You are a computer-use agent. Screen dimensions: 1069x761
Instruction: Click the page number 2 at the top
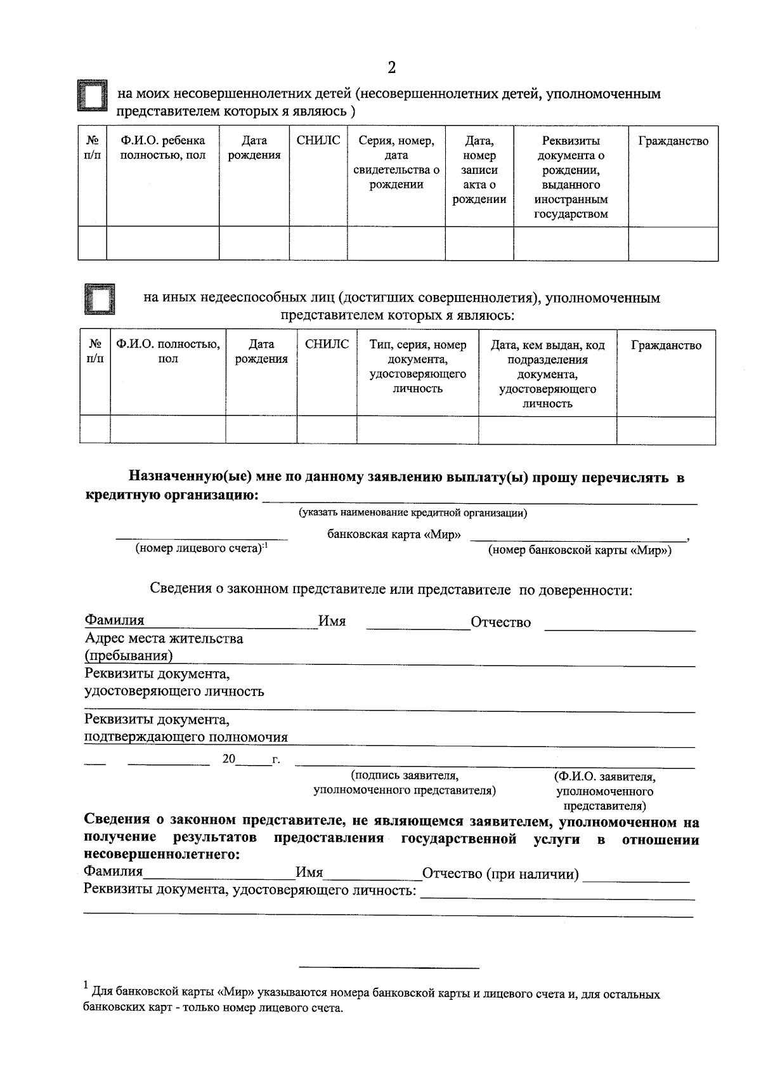coord(391,68)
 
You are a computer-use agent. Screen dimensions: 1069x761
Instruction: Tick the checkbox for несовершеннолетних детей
coord(93,97)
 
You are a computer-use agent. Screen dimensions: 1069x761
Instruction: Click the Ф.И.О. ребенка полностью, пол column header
coord(163,148)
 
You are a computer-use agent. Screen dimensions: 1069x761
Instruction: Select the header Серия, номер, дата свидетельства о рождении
coord(396,162)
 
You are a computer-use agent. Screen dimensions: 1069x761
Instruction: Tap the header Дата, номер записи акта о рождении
coord(479,169)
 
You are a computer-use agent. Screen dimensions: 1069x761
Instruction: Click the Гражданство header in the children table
coord(673,141)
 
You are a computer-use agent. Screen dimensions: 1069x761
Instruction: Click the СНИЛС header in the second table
coord(327,344)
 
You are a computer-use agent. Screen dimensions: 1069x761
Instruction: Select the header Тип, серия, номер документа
coord(417,367)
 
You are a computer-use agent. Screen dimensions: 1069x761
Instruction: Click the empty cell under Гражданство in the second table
coord(666,430)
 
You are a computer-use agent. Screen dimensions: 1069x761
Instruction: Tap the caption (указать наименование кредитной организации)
coord(413,513)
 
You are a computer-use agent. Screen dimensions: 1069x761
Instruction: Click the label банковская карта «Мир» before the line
coord(394,534)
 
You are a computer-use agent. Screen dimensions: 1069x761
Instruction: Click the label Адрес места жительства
coord(164,638)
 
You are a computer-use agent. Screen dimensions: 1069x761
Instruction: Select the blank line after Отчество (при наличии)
coord(636,876)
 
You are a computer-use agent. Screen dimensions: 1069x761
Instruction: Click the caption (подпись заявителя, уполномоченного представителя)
coord(405,783)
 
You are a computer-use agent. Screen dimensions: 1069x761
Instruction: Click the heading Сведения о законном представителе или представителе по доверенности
coord(391,589)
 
